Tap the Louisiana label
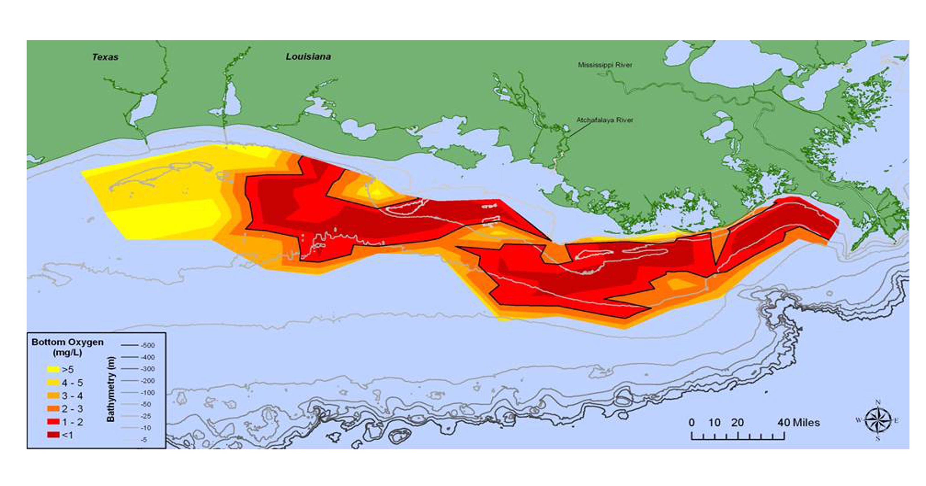(308, 57)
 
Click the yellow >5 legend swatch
(53, 369)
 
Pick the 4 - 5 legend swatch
(53, 382)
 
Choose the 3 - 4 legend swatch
(53, 396)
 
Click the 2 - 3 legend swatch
(53, 409)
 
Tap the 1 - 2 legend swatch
(53, 422)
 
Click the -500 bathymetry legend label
(147, 345)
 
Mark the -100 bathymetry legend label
(147, 393)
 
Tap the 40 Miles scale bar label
(799, 422)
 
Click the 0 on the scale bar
(692, 422)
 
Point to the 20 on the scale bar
(737, 422)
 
